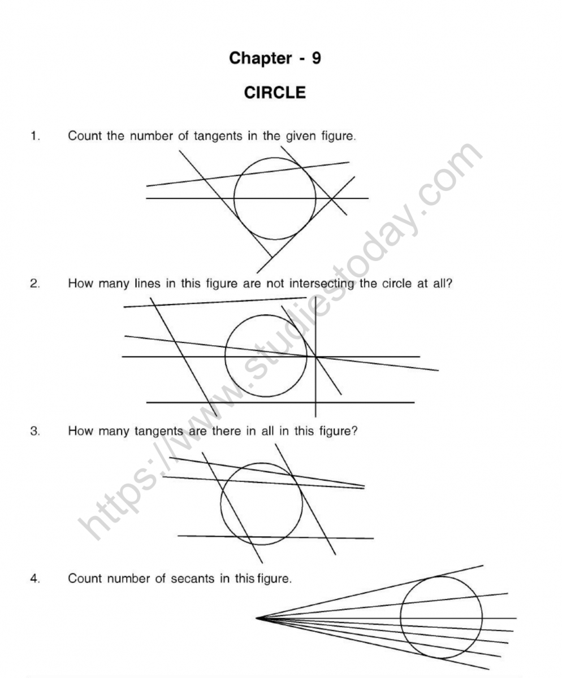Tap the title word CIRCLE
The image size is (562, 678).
coord(275,93)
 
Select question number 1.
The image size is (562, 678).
coord(35,136)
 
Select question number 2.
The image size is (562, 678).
coord(35,284)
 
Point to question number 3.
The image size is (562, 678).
coord(35,431)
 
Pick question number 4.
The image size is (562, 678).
coord(35,579)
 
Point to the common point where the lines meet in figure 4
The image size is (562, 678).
coord(257,618)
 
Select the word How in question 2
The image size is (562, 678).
coord(79,284)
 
